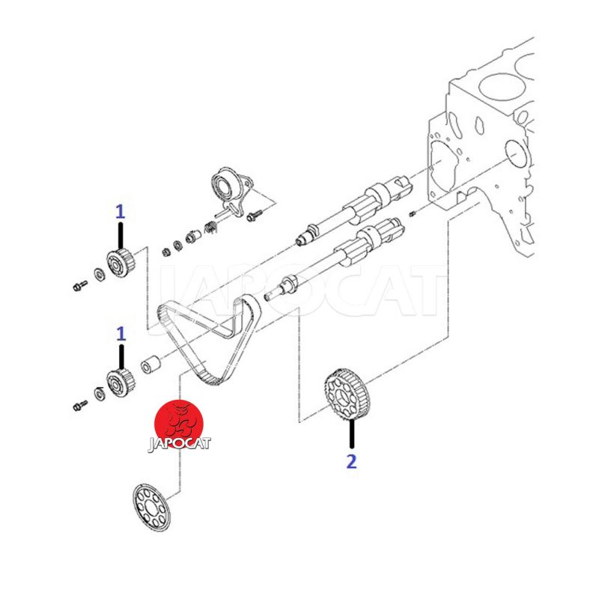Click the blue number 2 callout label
(351, 461)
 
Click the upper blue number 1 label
(121, 211)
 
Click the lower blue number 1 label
(121, 334)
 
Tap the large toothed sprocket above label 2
(347, 396)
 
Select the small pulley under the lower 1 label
(120, 383)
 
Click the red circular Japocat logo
(179, 425)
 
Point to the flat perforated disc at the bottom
(151, 507)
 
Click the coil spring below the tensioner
(210, 228)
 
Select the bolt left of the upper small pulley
(80, 285)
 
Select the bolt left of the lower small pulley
(80, 405)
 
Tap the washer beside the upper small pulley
(100, 274)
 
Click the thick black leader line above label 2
(351, 434)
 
